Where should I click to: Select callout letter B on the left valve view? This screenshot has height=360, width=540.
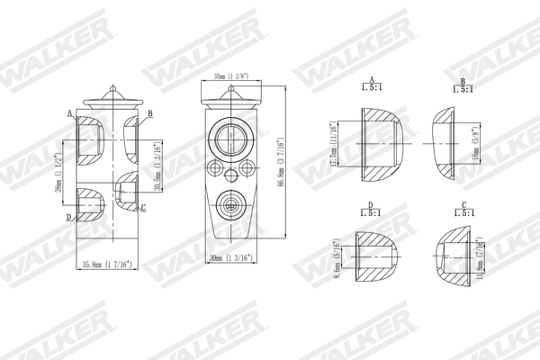(150, 112)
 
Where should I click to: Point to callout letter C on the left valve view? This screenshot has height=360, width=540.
(143, 209)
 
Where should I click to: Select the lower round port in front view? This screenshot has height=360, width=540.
(231, 205)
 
